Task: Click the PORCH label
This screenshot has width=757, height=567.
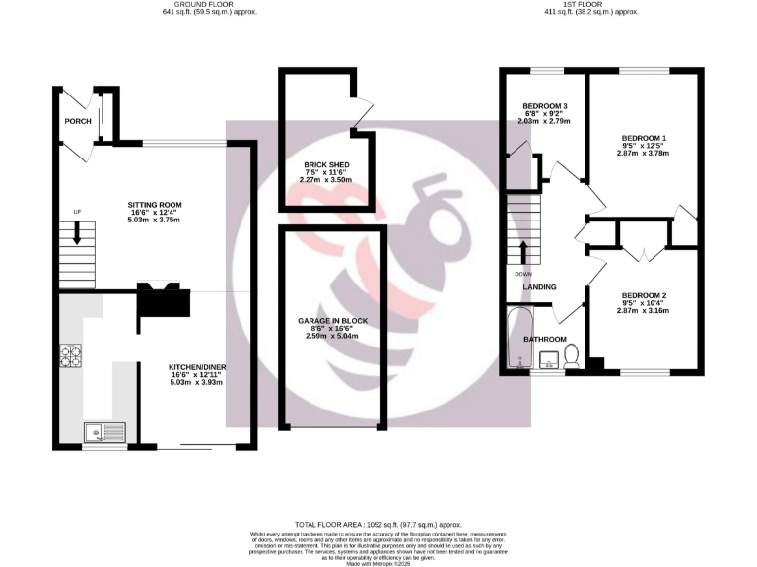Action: [78, 121]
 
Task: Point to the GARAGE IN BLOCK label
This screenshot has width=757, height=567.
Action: [331, 321]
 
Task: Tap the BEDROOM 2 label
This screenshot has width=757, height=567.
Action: [644, 296]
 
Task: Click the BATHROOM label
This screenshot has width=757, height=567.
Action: [544, 339]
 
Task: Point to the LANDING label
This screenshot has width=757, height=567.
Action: [539, 287]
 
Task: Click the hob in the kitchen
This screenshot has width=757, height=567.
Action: [71, 355]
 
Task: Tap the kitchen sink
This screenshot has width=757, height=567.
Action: [103, 429]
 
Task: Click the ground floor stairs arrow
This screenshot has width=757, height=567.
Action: [76, 237]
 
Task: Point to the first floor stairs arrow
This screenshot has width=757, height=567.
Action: [522, 250]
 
